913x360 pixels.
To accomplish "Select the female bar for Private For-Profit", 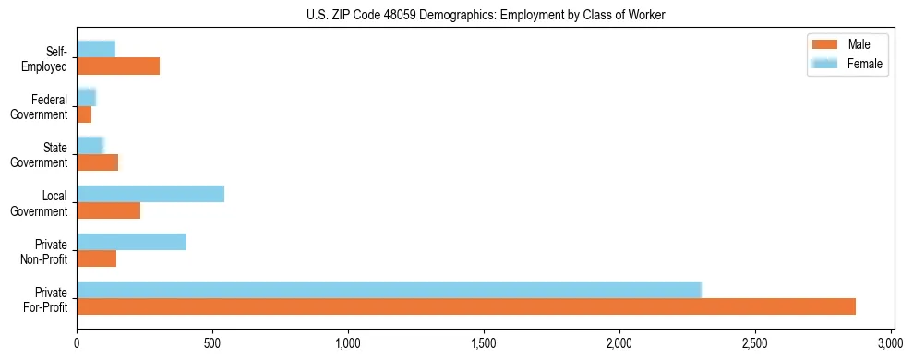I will pyautogui.click(x=389, y=290).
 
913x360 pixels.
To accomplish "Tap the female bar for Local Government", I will pyautogui.click(x=150, y=194).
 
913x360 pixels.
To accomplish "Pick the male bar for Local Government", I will pyautogui.click(x=109, y=210).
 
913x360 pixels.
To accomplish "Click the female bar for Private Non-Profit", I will pyautogui.click(x=132, y=242).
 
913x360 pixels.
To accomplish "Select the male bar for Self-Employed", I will pyautogui.click(x=118, y=66).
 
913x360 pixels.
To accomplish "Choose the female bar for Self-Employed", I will pyautogui.click(x=96, y=50).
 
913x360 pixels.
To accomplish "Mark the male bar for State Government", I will pyautogui.click(x=98, y=162).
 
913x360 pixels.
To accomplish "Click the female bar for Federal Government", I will pyautogui.click(x=86, y=98).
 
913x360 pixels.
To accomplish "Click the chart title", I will pyautogui.click(x=486, y=15).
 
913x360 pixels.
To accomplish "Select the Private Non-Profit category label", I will pyautogui.click(x=44, y=251).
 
